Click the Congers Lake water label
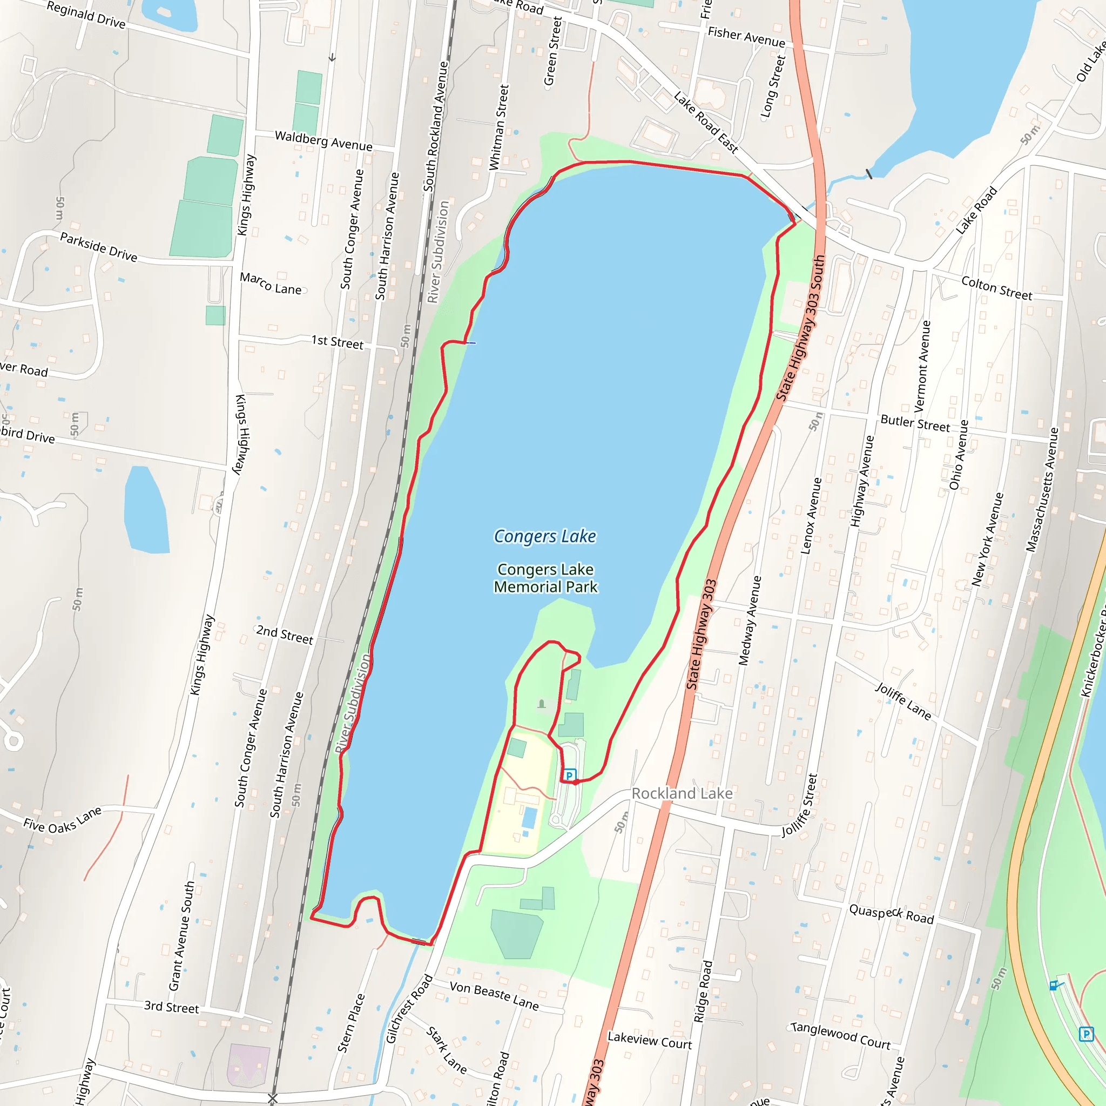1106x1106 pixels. [x=544, y=536]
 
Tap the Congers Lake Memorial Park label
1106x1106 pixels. [x=545, y=578]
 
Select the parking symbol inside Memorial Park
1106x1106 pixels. [x=569, y=775]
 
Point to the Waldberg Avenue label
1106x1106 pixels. [x=323, y=141]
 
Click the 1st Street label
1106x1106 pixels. [x=337, y=342]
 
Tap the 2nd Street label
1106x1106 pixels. [x=285, y=635]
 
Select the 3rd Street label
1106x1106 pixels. [x=171, y=1007]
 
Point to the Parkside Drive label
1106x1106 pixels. [x=98, y=247]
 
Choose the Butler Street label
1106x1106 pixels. [x=915, y=423]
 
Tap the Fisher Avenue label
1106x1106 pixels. [x=746, y=37]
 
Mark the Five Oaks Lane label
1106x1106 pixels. [x=63, y=820]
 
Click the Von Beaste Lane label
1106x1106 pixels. [x=494, y=995]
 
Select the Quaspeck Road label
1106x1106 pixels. [x=891, y=914]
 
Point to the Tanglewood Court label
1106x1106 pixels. [x=840, y=1036]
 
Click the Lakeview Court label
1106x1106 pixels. [x=649, y=1040]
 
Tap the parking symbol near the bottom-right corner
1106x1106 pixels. [x=1085, y=1034]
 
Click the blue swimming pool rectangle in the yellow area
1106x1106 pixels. [x=530, y=818]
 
